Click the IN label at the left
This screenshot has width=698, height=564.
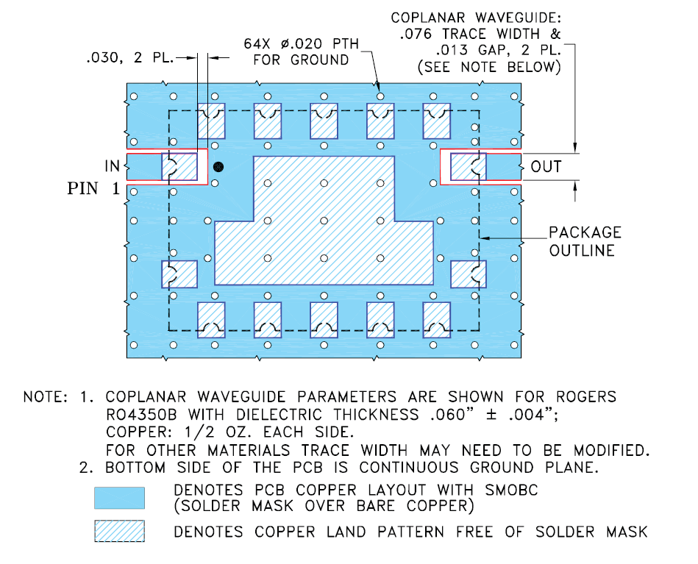pos(110,166)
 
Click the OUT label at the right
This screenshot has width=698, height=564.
pos(546,167)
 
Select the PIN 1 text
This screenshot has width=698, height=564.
pos(93,188)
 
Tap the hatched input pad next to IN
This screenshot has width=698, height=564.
pos(180,166)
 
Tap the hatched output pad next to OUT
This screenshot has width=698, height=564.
pos(468,166)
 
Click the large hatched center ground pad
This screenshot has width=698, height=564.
pos(324,235)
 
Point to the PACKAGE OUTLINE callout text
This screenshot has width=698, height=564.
pos(585,241)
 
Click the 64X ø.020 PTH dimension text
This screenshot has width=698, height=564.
pos(302,44)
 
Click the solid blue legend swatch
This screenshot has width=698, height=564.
pos(119,498)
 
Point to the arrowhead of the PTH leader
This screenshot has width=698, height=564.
pos(379,88)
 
